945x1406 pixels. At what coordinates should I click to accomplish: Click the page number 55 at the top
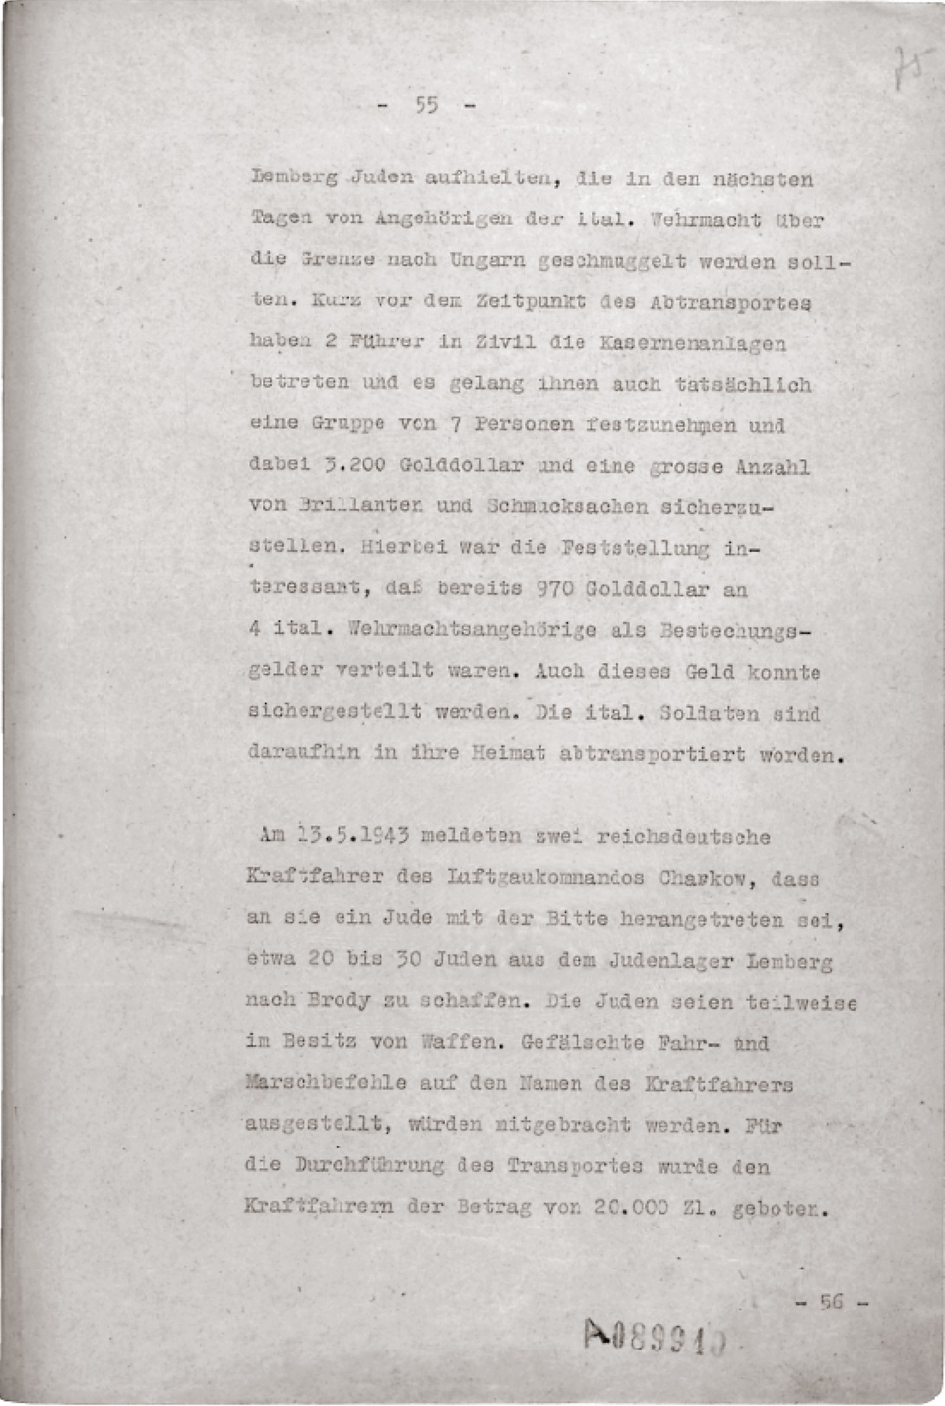click(428, 106)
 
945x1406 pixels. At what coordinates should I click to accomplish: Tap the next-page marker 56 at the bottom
click(832, 1301)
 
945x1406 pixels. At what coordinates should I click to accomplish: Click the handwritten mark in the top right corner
click(905, 67)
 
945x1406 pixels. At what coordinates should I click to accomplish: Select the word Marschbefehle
click(326, 1085)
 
